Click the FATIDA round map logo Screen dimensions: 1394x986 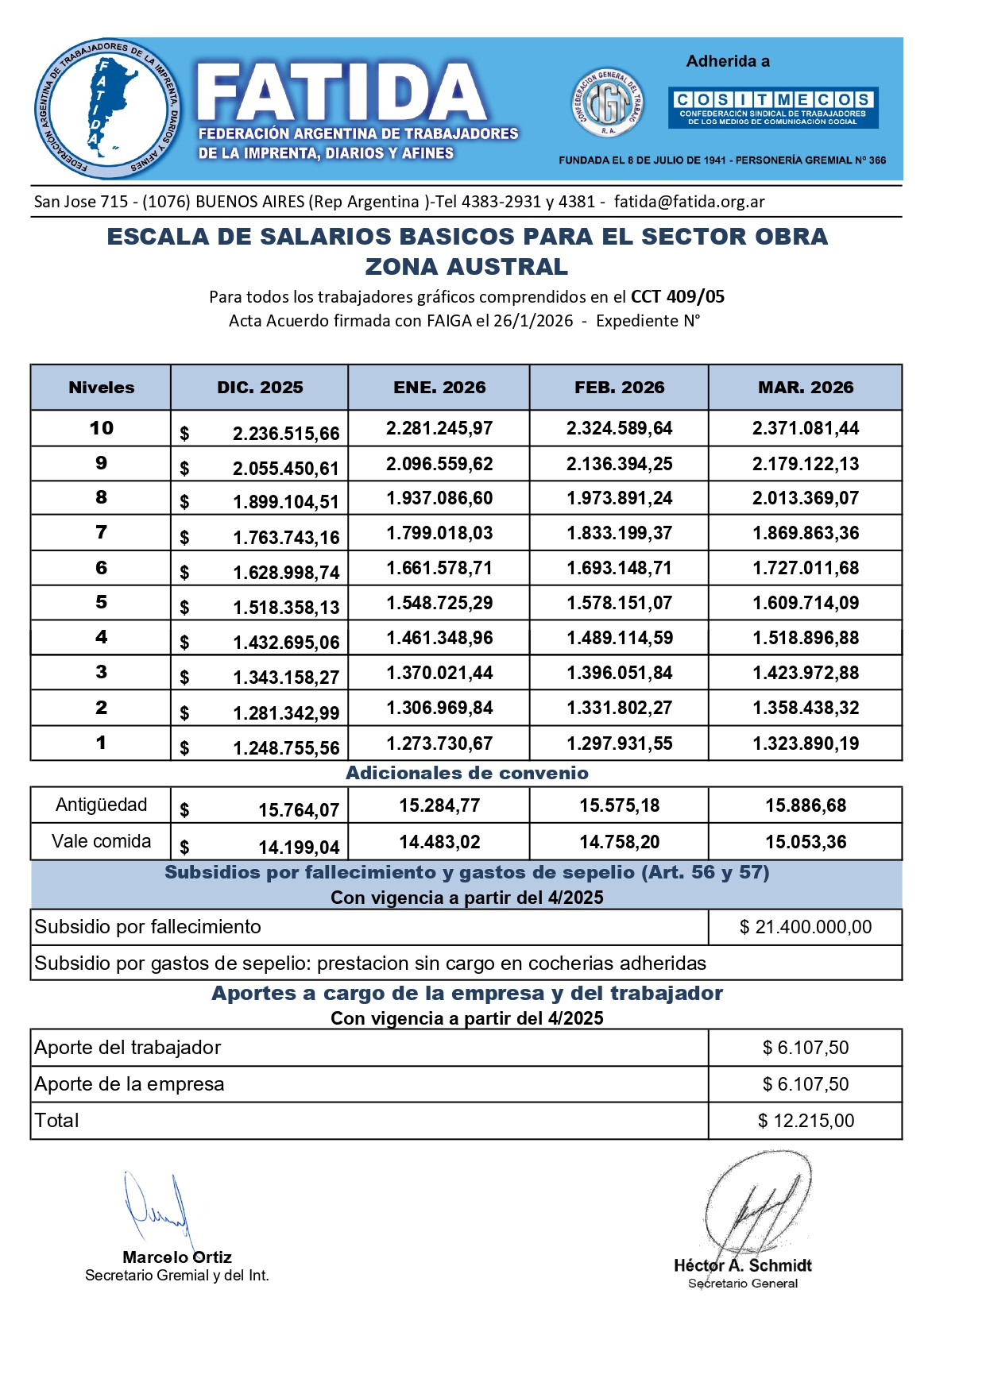[x=107, y=109]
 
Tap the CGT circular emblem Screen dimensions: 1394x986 [x=607, y=103]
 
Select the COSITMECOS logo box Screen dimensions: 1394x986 [x=772, y=107]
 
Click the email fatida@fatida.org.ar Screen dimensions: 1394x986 [x=689, y=202]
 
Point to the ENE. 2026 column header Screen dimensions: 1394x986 [x=439, y=388]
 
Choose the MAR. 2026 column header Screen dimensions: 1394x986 [x=805, y=388]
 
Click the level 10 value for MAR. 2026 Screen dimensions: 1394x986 [x=805, y=428]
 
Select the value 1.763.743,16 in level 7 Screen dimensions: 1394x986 [x=285, y=538]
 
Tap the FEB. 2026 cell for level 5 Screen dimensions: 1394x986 [x=619, y=603]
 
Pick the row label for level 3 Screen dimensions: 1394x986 [x=101, y=672]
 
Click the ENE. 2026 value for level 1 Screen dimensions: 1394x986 [x=439, y=743]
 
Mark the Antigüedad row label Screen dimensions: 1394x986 [x=101, y=805]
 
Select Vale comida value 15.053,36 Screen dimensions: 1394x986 [x=805, y=842]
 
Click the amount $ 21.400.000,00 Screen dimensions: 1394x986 [x=805, y=927]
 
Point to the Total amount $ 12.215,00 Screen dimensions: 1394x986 [x=805, y=1121]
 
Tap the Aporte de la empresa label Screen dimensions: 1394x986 [x=130, y=1084]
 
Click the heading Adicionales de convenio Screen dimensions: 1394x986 [x=467, y=773]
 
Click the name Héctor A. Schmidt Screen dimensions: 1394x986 [x=742, y=1265]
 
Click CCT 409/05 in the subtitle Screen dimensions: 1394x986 [x=677, y=297]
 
